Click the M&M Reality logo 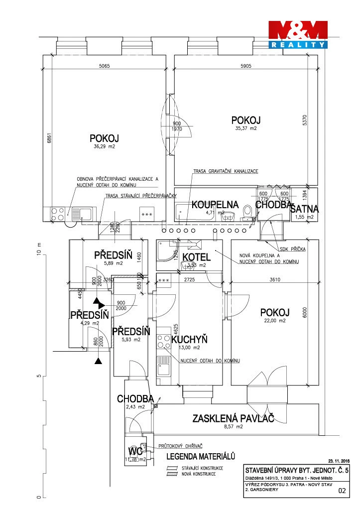tap(298, 34)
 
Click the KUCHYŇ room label tap(189, 340)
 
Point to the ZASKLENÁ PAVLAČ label tap(233, 418)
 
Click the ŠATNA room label tap(304, 209)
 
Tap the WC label tap(133, 451)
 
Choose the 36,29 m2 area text tap(105, 147)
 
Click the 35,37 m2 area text tap(246, 128)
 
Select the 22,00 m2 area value tap(274, 321)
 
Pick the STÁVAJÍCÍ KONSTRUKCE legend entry tap(202, 468)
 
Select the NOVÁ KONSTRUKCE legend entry tap(198, 474)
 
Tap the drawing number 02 tap(342, 491)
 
